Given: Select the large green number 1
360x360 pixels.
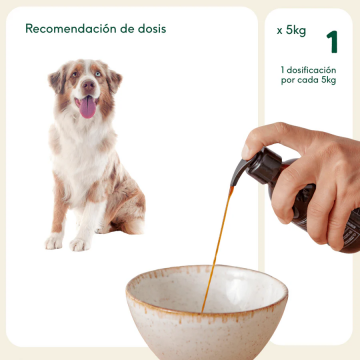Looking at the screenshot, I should coord(331,41).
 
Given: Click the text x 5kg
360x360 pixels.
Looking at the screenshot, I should coord(291,31).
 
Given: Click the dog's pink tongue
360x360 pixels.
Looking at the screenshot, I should coord(88,107).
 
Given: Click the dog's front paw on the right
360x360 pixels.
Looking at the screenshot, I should coord(80,244).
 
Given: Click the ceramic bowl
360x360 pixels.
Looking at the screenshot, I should coord(206,315).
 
